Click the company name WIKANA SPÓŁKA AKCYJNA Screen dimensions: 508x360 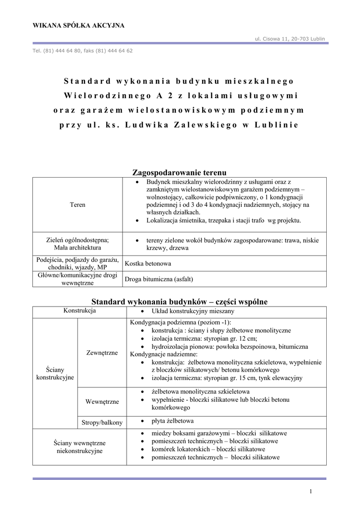[x=78, y=25]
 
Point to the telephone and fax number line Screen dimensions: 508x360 [x=82, y=51]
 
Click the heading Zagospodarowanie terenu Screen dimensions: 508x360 [x=179, y=173]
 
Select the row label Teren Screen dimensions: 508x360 [x=77, y=204]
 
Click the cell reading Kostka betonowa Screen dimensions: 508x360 [x=148, y=263]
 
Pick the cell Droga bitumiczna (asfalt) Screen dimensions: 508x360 [x=159, y=279]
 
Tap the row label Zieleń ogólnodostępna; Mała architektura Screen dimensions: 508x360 [x=77, y=244]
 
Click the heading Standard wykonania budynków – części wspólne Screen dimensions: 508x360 [x=180, y=302]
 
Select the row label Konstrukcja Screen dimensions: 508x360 [x=79, y=311]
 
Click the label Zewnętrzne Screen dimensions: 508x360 [x=102, y=353]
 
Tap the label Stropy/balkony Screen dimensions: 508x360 [x=102, y=422]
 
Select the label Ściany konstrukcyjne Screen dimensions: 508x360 [x=55, y=374]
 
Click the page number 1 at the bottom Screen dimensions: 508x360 [x=310, y=491]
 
